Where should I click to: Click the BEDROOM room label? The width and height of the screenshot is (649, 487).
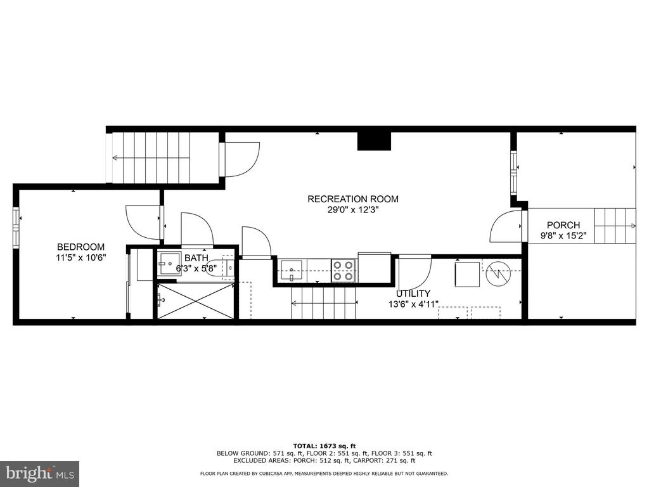[x=80, y=247]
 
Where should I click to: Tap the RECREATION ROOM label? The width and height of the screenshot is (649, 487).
[x=353, y=199]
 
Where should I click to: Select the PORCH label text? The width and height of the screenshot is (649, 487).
[x=563, y=225]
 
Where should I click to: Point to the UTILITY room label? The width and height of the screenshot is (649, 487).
[x=413, y=294]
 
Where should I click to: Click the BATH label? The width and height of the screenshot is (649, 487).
[x=196, y=259]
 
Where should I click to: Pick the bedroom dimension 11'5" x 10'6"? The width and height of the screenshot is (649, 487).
[x=81, y=257]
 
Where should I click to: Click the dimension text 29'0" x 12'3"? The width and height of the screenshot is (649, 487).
[x=354, y=210]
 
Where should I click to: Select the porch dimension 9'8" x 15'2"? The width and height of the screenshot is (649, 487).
[x=563, y=236]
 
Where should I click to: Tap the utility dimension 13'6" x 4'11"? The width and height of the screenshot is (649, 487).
[x=413, y=304]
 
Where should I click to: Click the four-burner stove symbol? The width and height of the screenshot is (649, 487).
[x=344, y=270]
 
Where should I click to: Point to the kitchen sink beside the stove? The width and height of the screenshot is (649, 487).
[x=293, y=270]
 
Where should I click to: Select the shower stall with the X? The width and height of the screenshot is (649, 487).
[x=196, y=301]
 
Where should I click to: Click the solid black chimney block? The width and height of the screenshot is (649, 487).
[x=374, y=141]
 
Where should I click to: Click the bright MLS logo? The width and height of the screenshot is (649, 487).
[x=40, y=473]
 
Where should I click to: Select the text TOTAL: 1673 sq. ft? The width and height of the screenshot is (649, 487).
[x=324, y=446]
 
